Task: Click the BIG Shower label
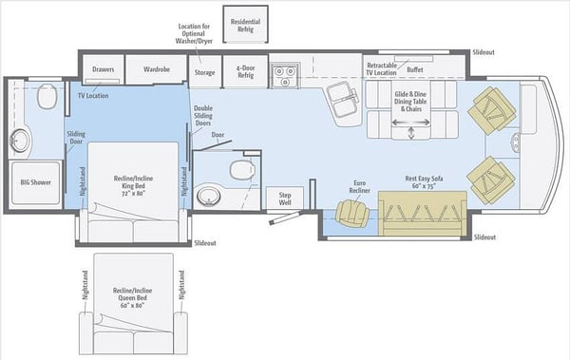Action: pos(36,182)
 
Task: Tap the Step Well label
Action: pos(285,199)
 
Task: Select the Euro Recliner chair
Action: pos(351,214)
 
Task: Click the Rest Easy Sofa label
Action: pos(424,182)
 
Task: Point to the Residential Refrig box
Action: pos(245,24)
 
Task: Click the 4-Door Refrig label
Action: pos(246,71)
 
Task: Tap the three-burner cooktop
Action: pos(285,75)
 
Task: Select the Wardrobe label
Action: pos(157,69)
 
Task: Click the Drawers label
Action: pos(104,69)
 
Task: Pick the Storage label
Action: pos(204,72)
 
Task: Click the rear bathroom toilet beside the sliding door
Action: pos(47,96)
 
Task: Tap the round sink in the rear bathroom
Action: pos(19,141)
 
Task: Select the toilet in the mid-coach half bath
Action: pos(241,170)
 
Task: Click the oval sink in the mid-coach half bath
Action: pos(209,197)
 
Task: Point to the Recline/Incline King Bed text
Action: pos(133,186)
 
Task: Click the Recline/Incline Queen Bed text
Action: pos(132,298)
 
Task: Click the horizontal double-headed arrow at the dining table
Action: pos(410,123)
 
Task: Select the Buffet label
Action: pos(415,69)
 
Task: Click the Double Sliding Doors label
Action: pos(203,116)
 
